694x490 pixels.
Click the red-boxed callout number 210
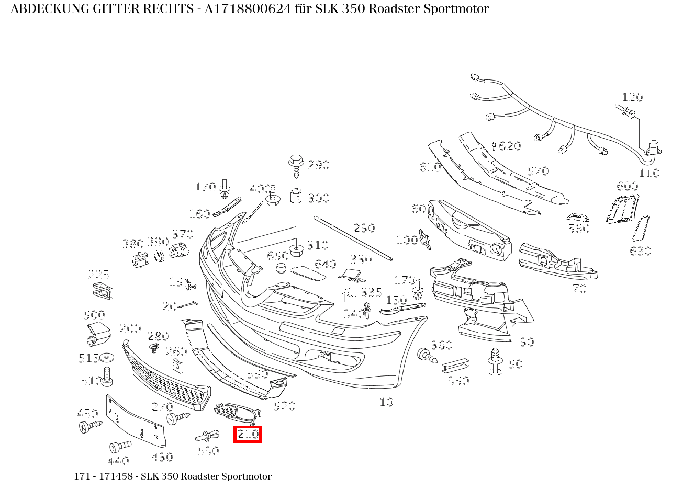(248, 434)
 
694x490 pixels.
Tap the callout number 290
(319, 165)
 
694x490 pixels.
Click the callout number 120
(632, 97)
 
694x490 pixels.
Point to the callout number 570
(538, 171)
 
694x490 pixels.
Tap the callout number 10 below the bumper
(386, 402)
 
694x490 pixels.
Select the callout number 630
(640, 251)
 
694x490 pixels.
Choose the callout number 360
(441, 345)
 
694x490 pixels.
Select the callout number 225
(98, 275)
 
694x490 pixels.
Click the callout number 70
(579, 289)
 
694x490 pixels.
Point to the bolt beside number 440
(119, 447)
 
